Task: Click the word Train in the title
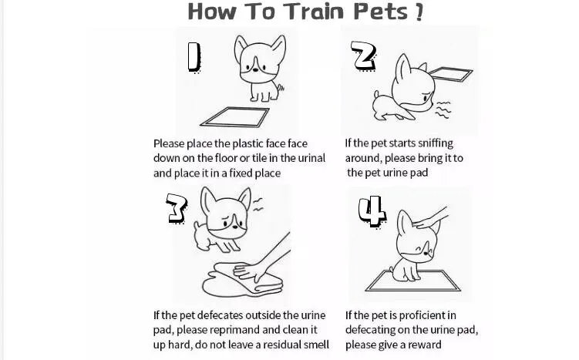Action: point(314,11)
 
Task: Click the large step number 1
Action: point(194,57)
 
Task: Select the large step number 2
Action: point(364,56)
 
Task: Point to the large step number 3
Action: point(177,209)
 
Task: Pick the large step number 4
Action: point(372,211)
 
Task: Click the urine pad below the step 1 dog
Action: point(235,117)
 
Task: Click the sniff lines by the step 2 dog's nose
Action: point(443,109)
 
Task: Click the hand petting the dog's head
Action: point(430,219)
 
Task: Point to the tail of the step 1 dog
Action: point(281,87)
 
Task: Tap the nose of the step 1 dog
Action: point(255,69)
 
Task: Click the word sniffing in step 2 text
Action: point(436,143)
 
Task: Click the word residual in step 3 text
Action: point(272,345)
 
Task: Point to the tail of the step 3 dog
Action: point(197,225)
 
